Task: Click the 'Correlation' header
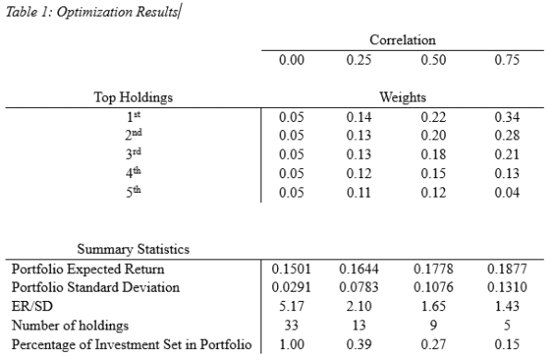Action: (403, 41)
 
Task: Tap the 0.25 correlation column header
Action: (358, 61)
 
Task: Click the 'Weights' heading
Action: (403, 97)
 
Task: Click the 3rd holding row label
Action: (133, 155)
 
